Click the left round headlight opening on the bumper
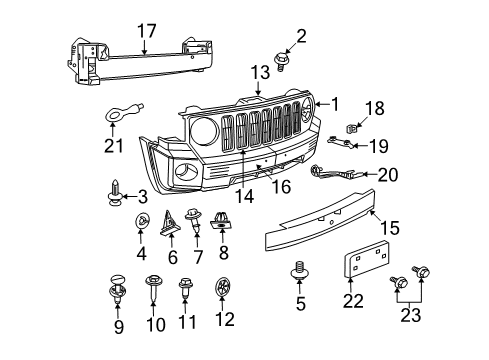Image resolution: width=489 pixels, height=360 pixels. point(201,130)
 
